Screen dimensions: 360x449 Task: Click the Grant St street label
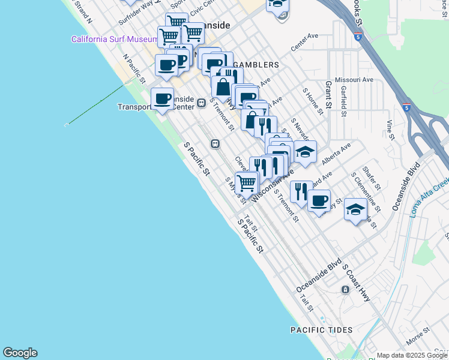point(328,95)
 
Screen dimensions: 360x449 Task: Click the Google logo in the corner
point(20,353)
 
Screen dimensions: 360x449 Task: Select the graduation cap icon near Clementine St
point(355,210)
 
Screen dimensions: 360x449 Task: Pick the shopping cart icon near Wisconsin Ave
point(246,181)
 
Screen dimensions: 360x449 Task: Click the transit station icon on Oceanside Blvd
point(346,289)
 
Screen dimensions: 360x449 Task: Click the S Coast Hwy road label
point(357,283)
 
